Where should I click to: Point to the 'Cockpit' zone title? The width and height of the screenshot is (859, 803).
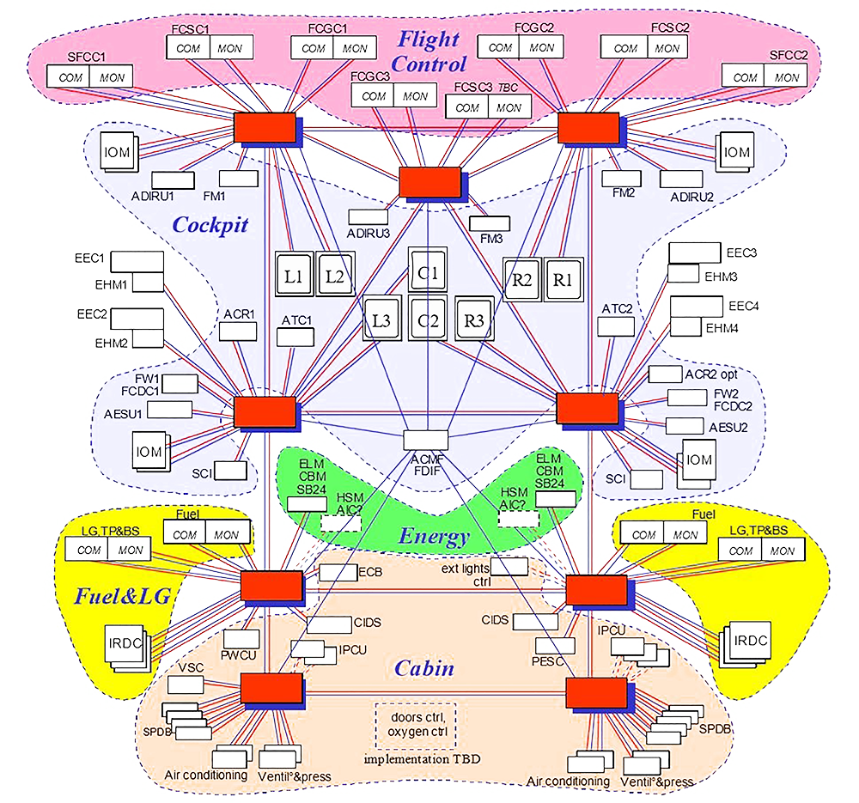tap(210, 225)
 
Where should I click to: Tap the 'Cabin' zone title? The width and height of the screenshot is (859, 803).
tap(424, 668)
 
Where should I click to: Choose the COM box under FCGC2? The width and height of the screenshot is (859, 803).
tap(500, 48)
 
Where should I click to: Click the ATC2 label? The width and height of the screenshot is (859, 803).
tap(617, 307)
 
